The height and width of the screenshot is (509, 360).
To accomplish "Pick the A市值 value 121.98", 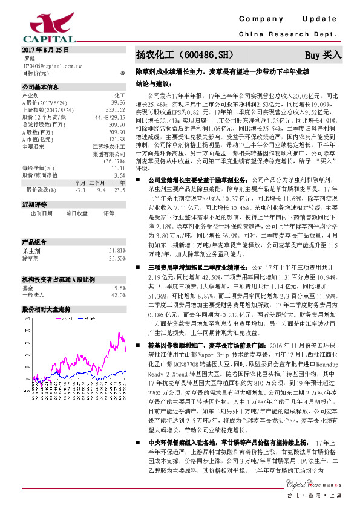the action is tap(116, 139).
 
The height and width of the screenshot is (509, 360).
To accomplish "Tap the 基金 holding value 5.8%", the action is tap(120, 271).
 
